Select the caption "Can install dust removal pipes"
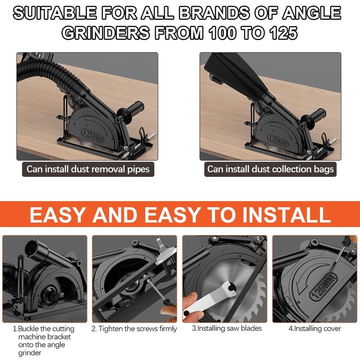click(x=88, y=169)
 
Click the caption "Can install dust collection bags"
click(x=270, y=169)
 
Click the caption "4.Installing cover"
click(x=315, y=328)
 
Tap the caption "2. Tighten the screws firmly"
click(x=134, y=329)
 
